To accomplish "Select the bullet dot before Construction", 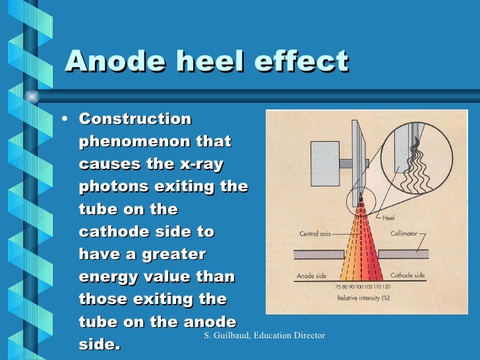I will (x=63, y=120).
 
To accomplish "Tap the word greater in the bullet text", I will (x=171, y=255).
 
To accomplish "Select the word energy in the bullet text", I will (x=107, y=276).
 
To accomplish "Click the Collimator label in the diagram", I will (x=404, y=233).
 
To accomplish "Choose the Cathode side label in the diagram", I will (x=407, y=275).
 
